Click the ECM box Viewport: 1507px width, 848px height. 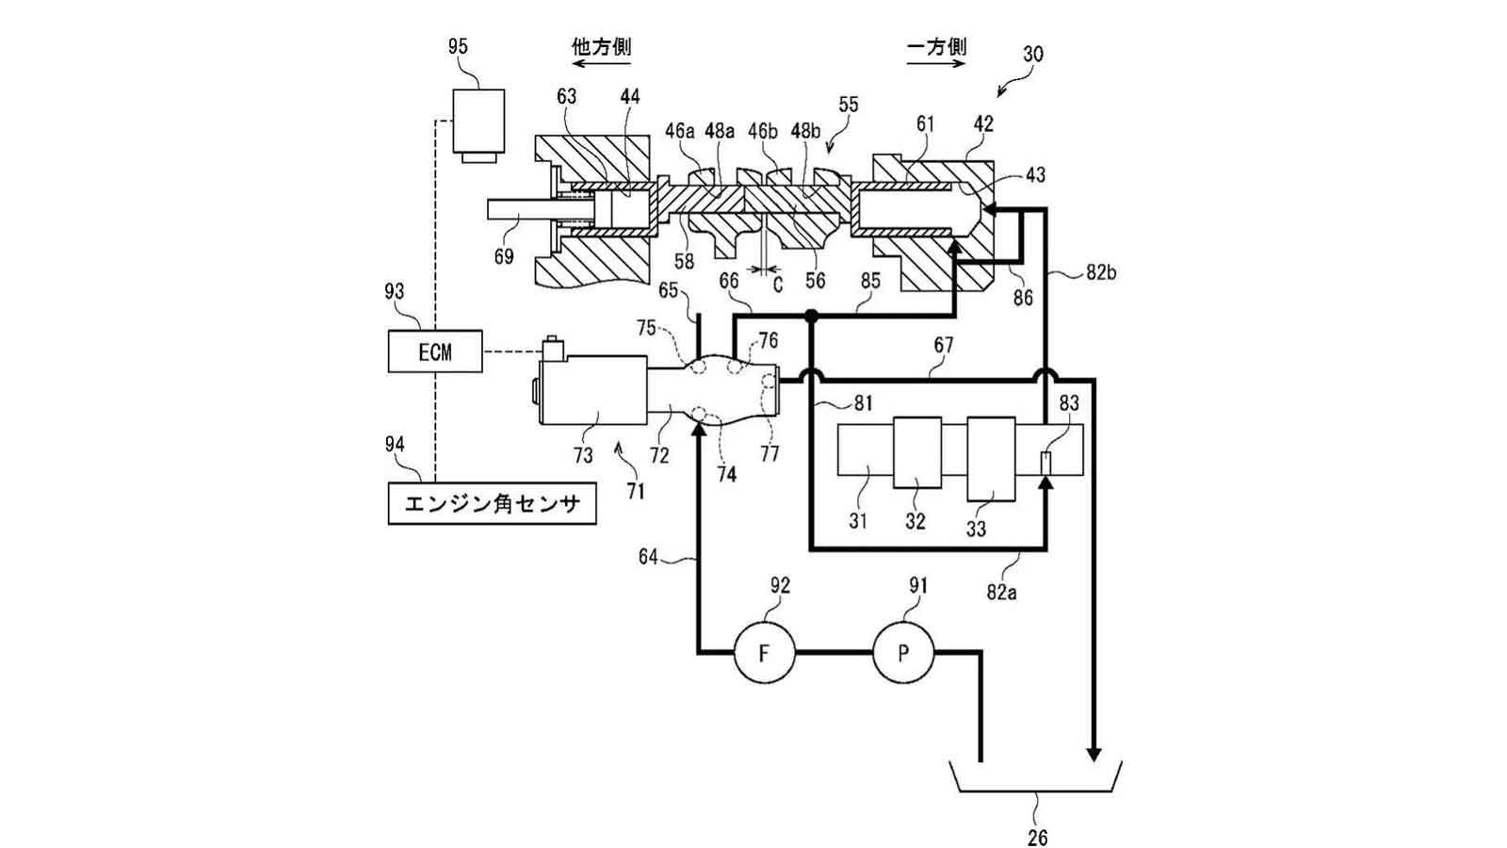pyautogui.click(x=435, y=351)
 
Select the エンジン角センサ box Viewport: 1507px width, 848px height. pyautogui.click(x=492, y=504)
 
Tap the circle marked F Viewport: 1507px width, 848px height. pyautogui.click(x=764, y=652)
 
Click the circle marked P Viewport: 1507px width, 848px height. pyautogui.click(x=902, y=652)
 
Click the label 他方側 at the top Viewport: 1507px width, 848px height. pyautogui.click(x=601, y=47)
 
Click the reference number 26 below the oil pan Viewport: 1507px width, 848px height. pyautogui.click(x=1037, y=836)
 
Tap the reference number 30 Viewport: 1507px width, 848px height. pyautogui.click(x=1032, y=54)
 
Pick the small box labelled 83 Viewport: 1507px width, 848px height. pyautogui.click(x=1045, y=464)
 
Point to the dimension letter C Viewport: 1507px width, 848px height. pyautogui.click(x=778, y=283)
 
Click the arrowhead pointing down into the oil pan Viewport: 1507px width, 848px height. pyautogui.click(x=1094, y=754)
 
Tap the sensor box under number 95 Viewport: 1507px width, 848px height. pyautogui.click(x=478, y=122)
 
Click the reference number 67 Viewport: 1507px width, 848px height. pyautogui.click(x=943, y=346)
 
